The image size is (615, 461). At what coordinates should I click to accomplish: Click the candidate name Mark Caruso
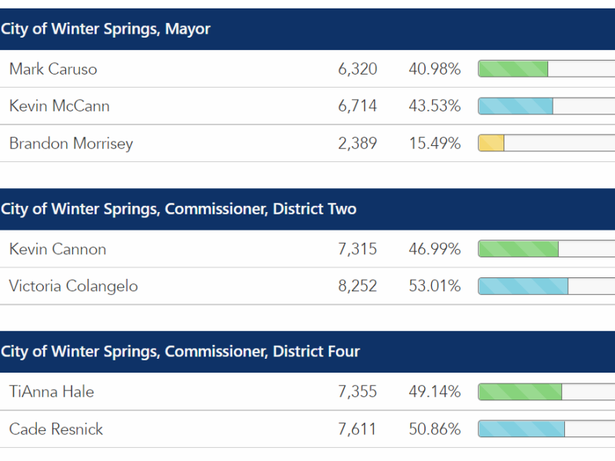coord(53,69)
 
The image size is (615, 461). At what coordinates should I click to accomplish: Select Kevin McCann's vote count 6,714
coord(357,106)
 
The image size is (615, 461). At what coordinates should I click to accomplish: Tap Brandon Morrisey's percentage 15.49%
coord(434,143)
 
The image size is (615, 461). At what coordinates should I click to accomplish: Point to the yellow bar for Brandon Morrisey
coord(491,143)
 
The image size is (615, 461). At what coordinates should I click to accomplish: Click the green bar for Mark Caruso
coord(513,69)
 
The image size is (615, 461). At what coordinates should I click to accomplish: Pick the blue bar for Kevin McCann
coord(515,106)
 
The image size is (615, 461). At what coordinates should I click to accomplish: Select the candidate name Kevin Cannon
coord(58,249)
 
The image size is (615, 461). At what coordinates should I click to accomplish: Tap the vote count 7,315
coord(357,249)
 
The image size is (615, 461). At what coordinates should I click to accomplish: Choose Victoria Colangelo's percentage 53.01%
coord(434,286)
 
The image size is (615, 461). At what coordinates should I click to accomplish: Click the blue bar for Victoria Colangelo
coord(523,286)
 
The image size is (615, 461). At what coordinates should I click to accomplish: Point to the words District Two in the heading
coord(314,209)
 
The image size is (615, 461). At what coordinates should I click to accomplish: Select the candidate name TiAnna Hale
coord(52,392)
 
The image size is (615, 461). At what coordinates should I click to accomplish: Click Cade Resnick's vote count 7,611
coord(357,429)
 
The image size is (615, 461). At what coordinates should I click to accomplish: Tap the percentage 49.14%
coord(434,392)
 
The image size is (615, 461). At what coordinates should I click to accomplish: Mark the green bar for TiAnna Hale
coord(520,392)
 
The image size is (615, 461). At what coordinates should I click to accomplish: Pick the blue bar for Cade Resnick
coord(521,429)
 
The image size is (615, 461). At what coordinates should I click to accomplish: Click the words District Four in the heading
coord(316,352)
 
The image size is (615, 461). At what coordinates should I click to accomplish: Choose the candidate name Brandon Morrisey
coord(71,143)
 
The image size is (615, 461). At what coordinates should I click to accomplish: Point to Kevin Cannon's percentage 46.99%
coord(434,249)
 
